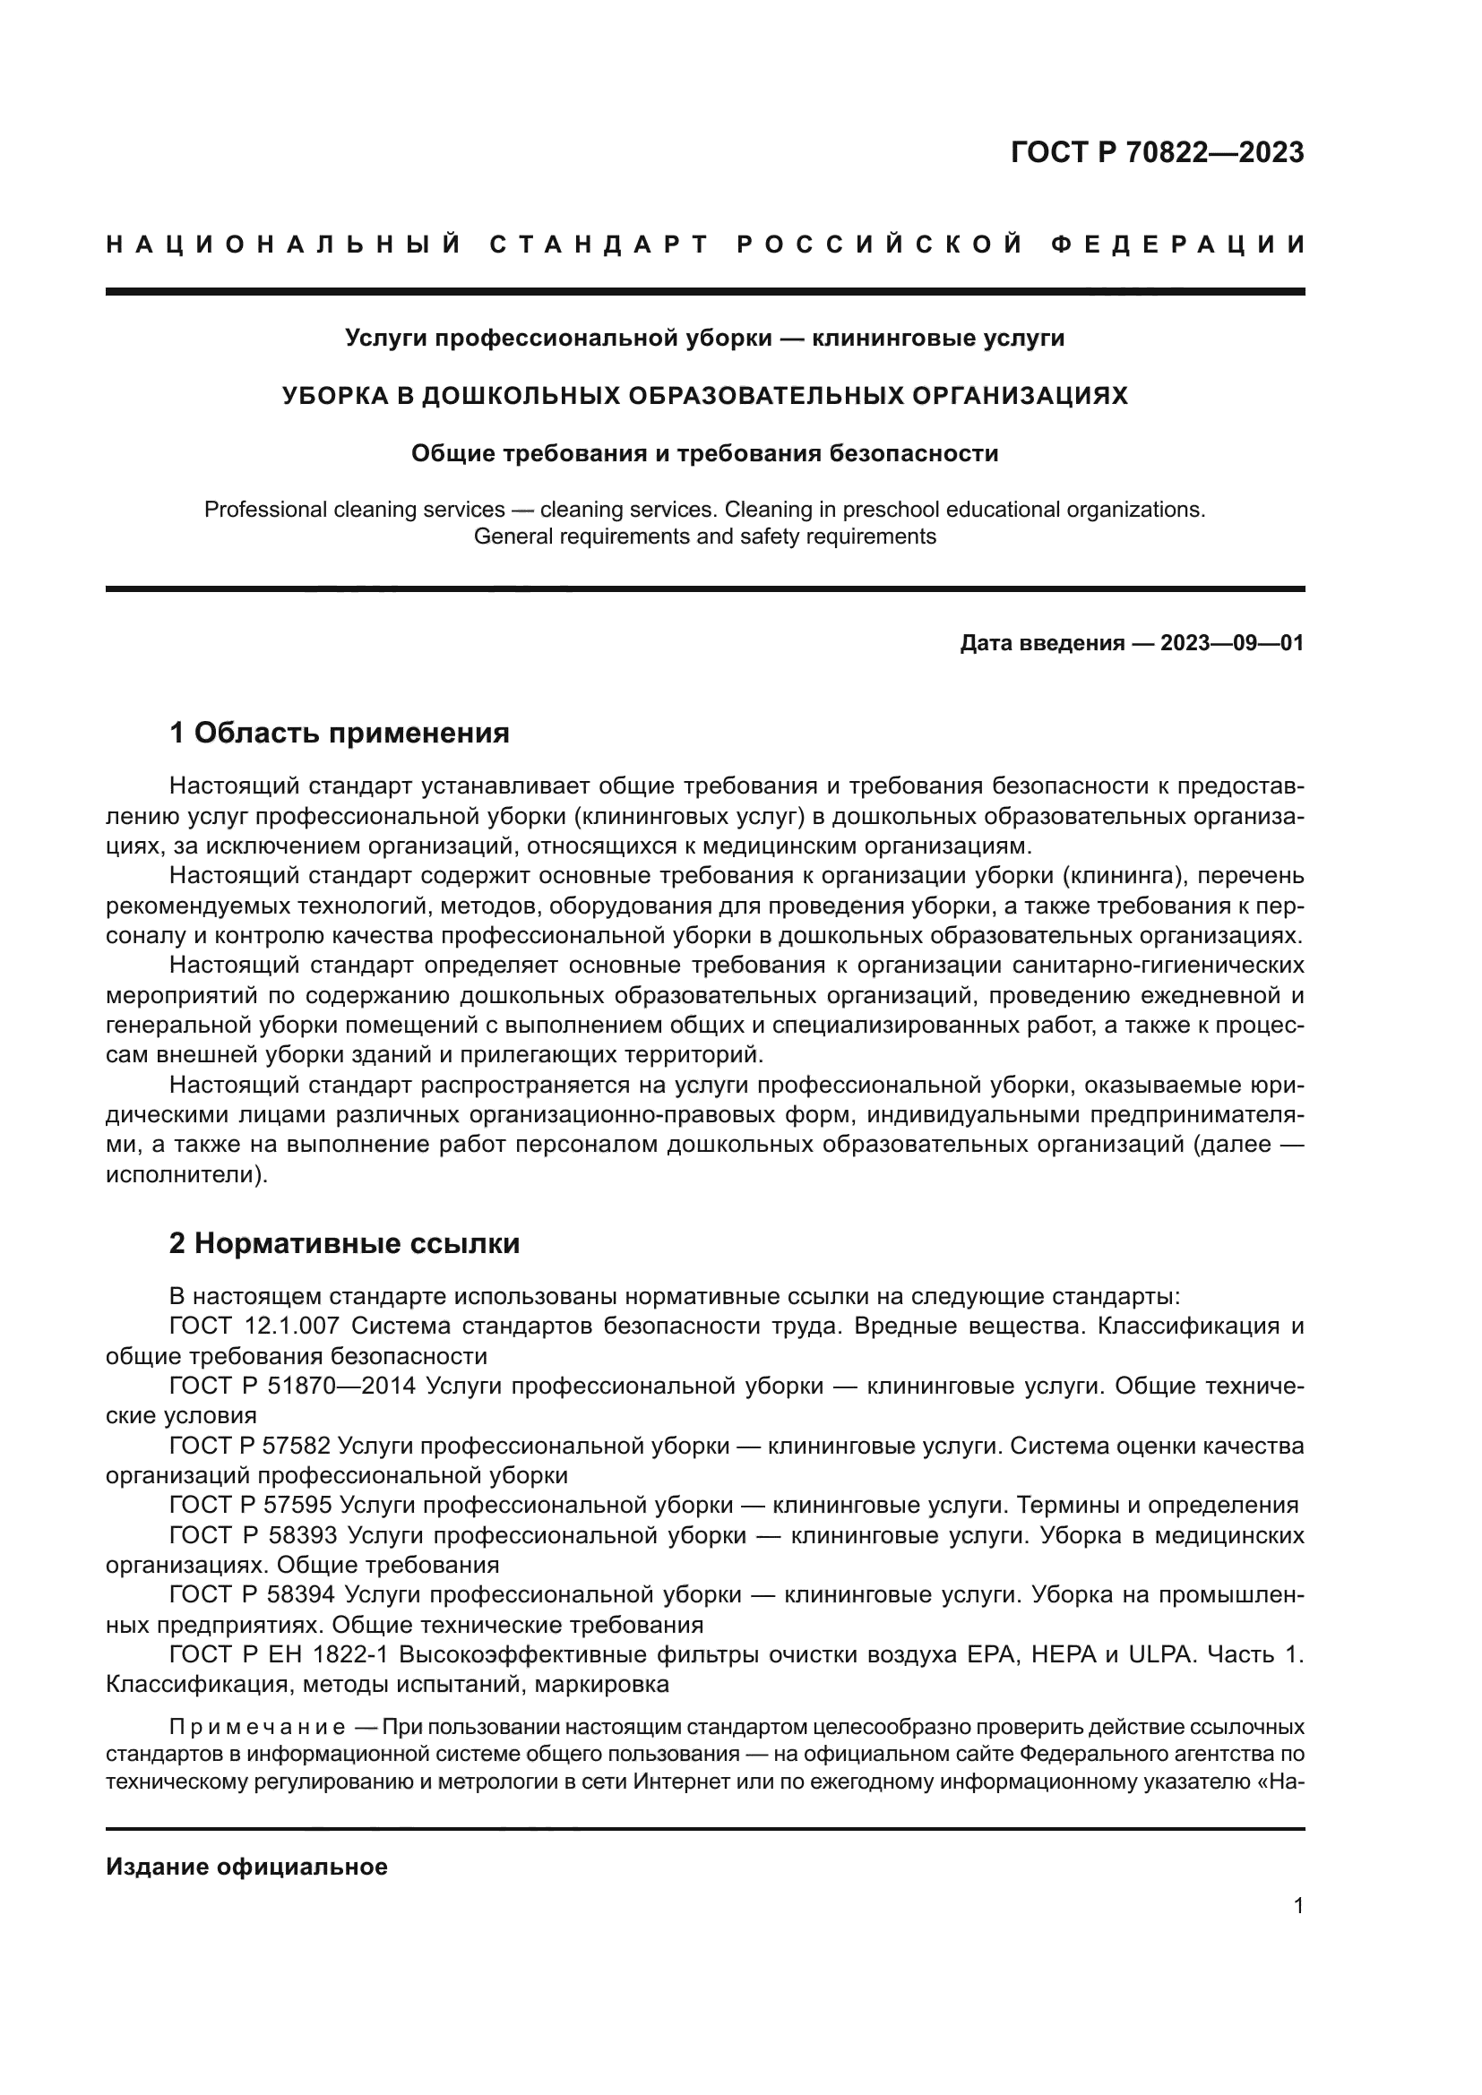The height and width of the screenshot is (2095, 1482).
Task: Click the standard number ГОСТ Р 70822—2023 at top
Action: coord(1157,152)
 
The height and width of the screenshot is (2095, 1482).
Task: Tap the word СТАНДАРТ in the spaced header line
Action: coord(599,245)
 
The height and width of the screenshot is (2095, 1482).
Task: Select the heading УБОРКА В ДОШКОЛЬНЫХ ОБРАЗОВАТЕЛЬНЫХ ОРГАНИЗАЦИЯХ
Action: coord(704,395)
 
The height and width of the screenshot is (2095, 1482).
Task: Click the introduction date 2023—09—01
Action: coord(1232,643)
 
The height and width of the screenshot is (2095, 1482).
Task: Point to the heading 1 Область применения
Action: coord(339,733)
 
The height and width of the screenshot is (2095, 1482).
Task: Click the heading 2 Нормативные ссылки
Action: coord(344,1243)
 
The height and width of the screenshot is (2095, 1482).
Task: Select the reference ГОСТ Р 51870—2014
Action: coord(292,1385)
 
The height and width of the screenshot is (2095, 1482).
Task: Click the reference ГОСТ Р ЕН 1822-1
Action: coord(280,1654)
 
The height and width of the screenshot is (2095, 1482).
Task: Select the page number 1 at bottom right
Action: coord(1298,1906)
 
